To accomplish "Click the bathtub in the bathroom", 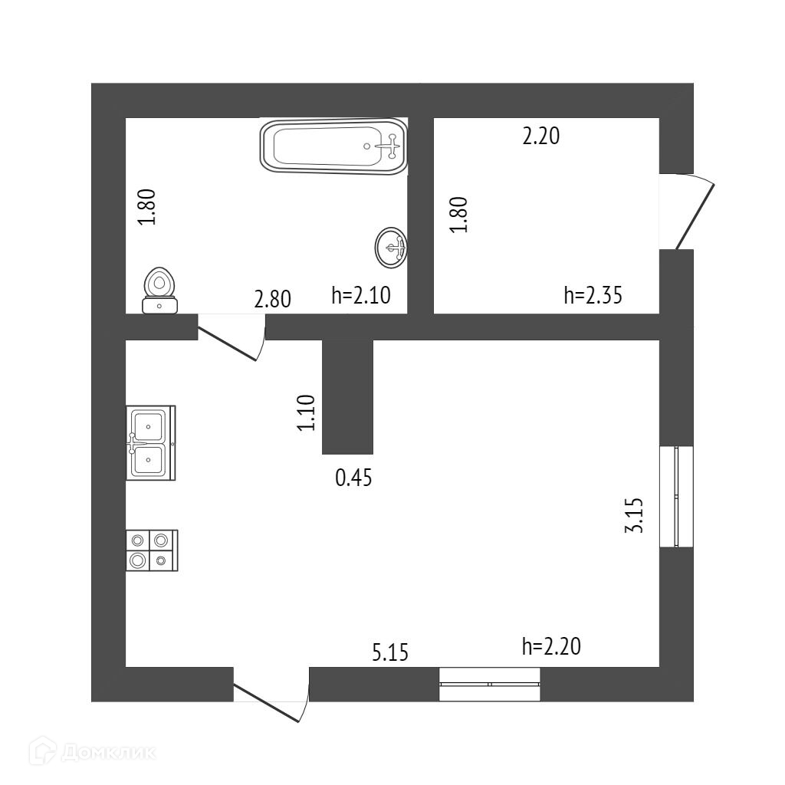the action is point(333,146).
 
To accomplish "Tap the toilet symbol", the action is point(159,291).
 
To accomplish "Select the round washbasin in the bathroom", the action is point(391,248).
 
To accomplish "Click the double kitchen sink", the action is point(149,442).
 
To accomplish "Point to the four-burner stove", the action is point(150,550).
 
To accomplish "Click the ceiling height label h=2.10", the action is point(361,296).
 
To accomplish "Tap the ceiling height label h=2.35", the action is point(593,295).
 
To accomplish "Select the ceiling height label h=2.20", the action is point(551,647).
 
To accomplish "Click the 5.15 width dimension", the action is point(390,652).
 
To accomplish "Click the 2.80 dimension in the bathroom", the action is point(272,298).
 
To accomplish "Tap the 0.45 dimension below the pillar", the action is point(353,478).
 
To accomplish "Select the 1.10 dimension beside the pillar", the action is point(307,412).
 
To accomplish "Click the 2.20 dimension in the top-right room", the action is point(540,136).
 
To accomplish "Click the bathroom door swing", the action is point(232,337).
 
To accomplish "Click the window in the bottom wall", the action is point(490,683).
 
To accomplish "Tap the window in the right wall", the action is point(676,497).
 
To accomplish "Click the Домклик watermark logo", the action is point(92,752).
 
